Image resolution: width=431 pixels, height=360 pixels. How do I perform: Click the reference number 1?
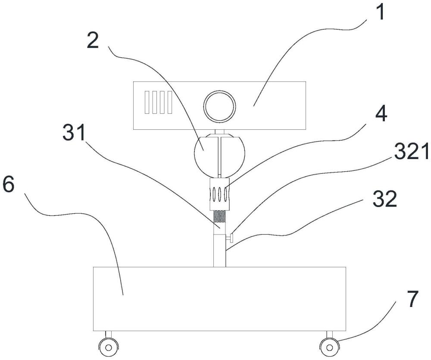click(x=380, y=12)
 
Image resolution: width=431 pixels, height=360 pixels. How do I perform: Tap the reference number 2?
click(x=93, y=40)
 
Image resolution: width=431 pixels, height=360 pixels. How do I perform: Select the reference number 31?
click(x=74, y=132)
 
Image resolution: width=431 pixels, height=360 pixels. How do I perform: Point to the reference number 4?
click(x=381, y=113)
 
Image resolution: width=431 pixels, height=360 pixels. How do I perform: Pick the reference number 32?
click(x=385, y=199)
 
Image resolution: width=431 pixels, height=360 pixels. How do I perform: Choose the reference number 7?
click(x=413, y=299)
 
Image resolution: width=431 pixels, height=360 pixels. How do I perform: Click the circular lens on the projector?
click(x=219, y=106)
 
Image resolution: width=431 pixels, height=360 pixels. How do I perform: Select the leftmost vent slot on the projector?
click(x=147, y=102)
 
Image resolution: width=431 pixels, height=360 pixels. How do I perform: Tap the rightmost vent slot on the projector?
click(x=170, y=102)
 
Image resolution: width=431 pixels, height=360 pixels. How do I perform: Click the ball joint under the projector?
click(x=219, y=155)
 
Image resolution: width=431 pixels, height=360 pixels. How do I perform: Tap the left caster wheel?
click(x=109, y=347)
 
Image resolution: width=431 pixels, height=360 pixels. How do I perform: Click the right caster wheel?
click(x=329, y=347)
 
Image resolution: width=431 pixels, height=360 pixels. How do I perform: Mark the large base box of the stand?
click(x=219, y=299)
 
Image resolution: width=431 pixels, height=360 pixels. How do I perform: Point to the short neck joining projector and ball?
click(x=219, y=132)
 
